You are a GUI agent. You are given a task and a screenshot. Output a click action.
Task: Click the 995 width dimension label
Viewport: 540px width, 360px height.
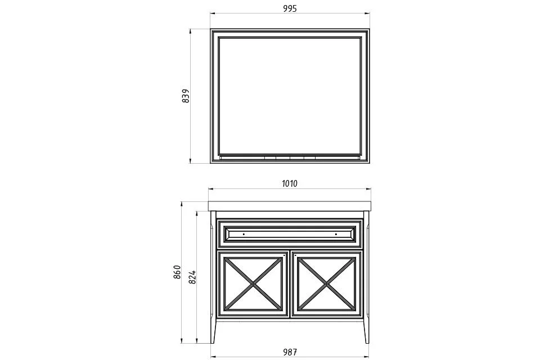tap(290, 8)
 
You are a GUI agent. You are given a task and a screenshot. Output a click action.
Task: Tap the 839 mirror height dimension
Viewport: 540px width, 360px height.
tap(186, 96)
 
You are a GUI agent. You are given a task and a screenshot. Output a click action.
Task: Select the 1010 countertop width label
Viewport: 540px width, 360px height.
tap(290, 183)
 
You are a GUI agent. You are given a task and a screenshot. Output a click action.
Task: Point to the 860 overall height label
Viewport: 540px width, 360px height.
tap(177, 272)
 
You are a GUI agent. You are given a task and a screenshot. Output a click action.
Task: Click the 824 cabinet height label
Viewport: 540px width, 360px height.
tap(192, 277)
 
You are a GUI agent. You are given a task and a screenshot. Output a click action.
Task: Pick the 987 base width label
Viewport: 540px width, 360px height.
tap(290, 352)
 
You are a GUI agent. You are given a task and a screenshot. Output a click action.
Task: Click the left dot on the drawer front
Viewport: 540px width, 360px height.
tap(244, 234)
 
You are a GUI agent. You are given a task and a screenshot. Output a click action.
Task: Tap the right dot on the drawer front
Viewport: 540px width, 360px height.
tap(336, 234)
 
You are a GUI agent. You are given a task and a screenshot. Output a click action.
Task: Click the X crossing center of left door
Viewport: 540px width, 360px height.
tap(254, 284)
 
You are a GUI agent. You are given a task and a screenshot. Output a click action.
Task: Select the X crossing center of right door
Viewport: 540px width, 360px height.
tap(326, 284)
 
